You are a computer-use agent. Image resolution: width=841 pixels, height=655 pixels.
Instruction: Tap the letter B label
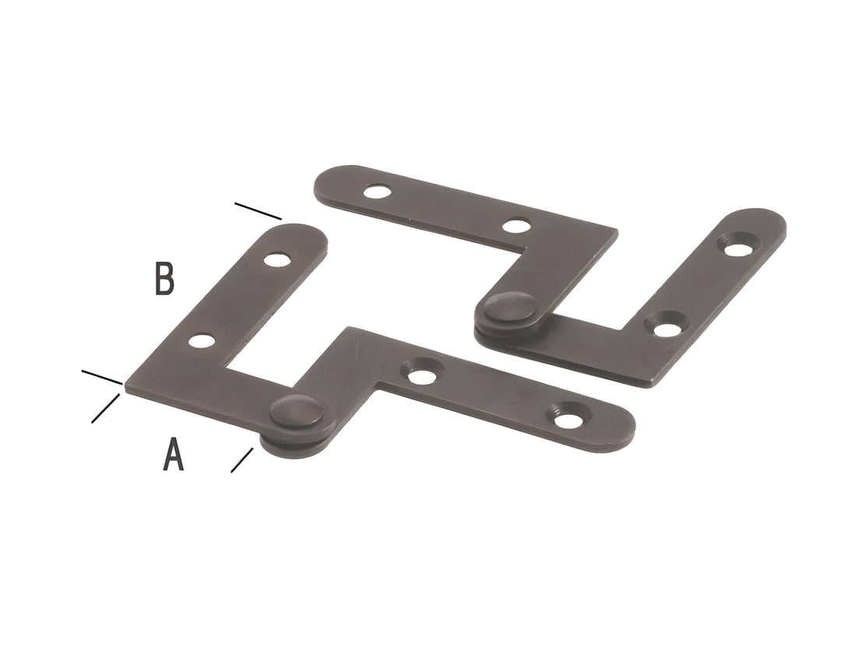point(164,279)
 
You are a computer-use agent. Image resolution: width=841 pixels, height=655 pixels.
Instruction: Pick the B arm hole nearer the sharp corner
point(201,340)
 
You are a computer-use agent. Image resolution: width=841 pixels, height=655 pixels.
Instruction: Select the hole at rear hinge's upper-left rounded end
point(377,190)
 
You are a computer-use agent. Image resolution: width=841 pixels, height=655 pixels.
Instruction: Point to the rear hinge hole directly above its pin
point(516,227)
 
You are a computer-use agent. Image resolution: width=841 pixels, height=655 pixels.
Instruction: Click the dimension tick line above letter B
point(258,210)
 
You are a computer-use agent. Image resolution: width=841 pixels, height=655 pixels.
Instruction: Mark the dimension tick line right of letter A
point(242,460)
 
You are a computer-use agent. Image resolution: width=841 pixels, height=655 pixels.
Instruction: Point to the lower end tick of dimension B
point(102,378)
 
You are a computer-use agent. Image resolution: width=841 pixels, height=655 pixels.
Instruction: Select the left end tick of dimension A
point(105,409)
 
